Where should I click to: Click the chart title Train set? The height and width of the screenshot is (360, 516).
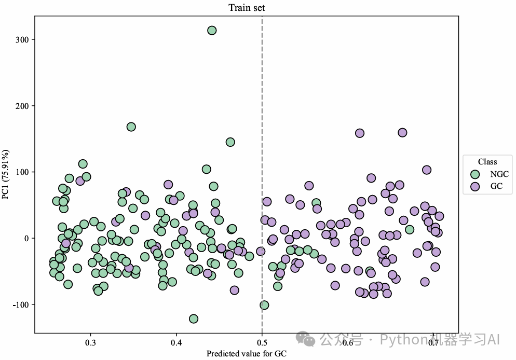247,8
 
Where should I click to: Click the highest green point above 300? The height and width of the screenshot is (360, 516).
212,31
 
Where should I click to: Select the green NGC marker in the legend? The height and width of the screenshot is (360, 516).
474,174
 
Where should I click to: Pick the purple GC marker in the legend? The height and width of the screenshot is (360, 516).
474,186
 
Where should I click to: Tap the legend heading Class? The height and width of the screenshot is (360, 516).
487,162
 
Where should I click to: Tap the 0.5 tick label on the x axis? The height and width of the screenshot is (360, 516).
262,342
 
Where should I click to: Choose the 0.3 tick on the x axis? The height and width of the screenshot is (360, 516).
90,342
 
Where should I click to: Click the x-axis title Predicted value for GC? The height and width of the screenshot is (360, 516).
247,354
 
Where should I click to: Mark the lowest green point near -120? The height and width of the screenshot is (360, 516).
194,319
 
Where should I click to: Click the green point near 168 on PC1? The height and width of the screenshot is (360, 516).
131,127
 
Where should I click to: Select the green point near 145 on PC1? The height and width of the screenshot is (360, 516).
230,142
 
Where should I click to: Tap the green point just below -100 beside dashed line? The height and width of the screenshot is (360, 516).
264,305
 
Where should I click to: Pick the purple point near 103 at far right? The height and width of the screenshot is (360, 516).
427,170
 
